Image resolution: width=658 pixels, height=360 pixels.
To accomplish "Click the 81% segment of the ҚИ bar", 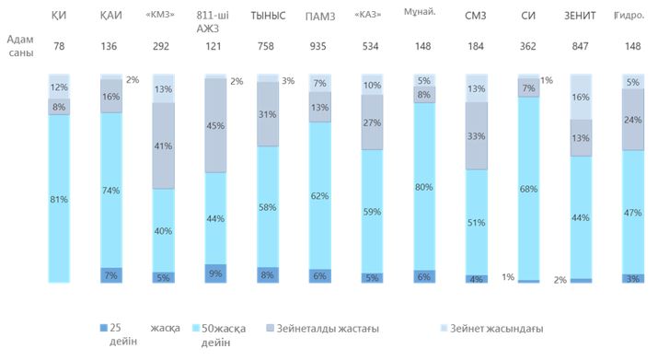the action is coord(59,199).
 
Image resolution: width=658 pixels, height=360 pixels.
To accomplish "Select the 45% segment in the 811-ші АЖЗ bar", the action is coord(215,125).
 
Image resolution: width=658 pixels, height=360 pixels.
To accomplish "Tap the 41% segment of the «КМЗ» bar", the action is coord(163,145).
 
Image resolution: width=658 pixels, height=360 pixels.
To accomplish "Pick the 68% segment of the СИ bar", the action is coord(529,189).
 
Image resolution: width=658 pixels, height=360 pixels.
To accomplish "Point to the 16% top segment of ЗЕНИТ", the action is coord(581,97).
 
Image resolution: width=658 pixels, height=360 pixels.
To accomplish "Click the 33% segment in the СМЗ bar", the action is coord(477,136).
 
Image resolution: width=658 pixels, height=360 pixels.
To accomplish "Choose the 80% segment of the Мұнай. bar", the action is coord(424,187).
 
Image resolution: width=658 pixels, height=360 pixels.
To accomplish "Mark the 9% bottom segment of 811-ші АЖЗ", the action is coord(215,273).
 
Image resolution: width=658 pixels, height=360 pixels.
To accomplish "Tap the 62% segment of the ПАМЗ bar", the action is coord(320,196).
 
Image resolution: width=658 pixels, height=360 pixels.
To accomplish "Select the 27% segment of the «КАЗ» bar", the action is coord(372,122).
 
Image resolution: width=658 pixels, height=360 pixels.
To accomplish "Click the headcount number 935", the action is coord(318,46).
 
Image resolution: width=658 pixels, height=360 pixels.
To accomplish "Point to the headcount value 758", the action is coord(266,46).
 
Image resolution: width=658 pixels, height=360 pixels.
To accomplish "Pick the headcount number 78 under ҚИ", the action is coord(59,46).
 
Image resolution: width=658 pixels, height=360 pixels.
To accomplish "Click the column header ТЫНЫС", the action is coord(268,16).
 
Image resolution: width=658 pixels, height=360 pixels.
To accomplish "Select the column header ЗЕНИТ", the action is coord(580,16).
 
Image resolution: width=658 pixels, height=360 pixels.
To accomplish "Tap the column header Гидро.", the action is coord(629,16).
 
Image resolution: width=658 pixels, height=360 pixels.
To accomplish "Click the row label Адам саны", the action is coord(20,46).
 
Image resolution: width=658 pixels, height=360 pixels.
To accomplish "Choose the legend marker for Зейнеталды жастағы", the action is coord(271,328).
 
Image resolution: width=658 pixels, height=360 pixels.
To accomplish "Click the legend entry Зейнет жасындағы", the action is coord(491,328).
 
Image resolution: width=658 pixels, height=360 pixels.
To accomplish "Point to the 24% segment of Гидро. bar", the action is coord(633,120).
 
